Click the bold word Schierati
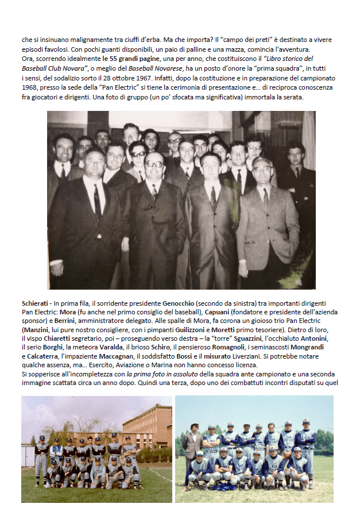[x=34, y=303]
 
